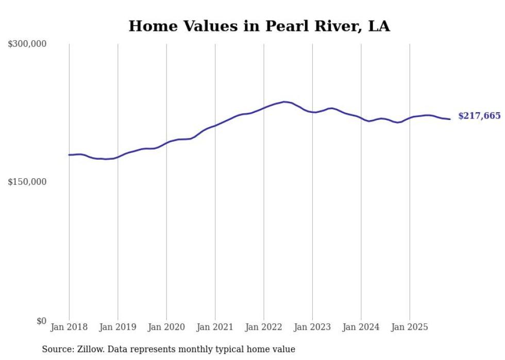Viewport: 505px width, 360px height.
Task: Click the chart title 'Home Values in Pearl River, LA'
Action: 259,26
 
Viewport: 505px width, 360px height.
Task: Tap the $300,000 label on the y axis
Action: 27,44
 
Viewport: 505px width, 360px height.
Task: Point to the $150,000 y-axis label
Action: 27,182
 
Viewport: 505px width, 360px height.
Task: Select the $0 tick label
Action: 41,321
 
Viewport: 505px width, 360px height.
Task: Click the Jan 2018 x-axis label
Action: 69,327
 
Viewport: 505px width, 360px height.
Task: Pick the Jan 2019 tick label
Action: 117,327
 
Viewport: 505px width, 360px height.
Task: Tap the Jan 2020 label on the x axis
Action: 166,327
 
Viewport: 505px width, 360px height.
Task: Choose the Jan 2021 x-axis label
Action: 215,327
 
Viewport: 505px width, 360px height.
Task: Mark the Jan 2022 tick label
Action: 264,327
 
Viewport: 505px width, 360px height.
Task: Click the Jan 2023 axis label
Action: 312,327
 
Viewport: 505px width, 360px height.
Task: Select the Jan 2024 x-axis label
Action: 361,327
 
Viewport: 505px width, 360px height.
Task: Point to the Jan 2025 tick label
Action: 410,327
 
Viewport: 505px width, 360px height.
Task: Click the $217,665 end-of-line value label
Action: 479,116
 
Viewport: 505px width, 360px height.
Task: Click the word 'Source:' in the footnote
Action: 57,349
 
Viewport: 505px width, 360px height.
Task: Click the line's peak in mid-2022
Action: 284,102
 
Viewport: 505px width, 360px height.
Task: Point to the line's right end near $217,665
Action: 450,119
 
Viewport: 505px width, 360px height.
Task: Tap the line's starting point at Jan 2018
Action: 69,155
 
